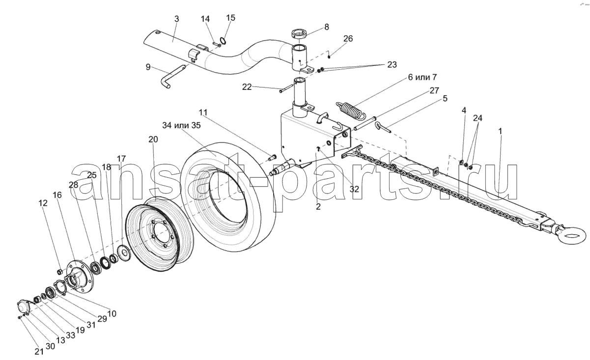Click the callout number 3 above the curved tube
pyautogui.click(x=176, y=19)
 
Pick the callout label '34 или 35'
pyautogui.click(x=181, y=125)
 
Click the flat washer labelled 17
pyautogui.click(x=123, y=253)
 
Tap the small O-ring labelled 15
pyautogui.click(x=223, y=41)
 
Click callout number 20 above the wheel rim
pyautogui.click(x=153, y=139)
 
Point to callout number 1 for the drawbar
pyautogui.click(x=500, y=132)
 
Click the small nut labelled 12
pyautogui.click(x=60, y=271)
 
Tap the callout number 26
pyautogui.click(x=348, y=38)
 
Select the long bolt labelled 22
pyautogui.click(x=286, y=88)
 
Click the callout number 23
pyautogui.click(x=392, y=64)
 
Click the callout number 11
pyautogui.click(x=203, y=112)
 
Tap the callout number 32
pyautogui.click(x=354, y=189)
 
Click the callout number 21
pyautogui.click(x=39, y=352)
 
